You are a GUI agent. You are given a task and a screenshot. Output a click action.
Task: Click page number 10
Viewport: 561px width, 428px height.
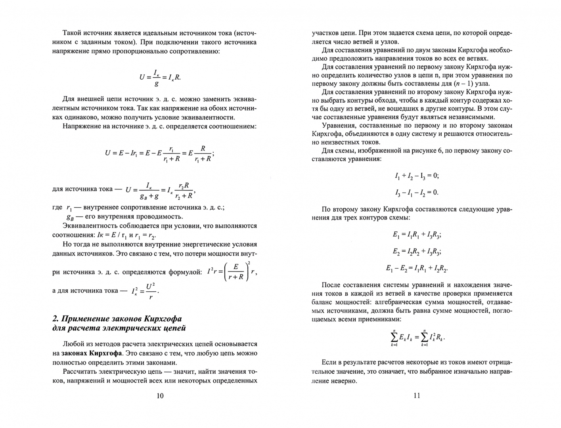[160, 396]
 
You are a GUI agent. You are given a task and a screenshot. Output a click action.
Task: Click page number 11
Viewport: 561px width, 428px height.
[417, 395]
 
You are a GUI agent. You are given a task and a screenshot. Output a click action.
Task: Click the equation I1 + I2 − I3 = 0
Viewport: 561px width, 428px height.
[417, 176]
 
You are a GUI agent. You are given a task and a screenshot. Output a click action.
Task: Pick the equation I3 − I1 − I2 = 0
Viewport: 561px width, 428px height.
[417, 193]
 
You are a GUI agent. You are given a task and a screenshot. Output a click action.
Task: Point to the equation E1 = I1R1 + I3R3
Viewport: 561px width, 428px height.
[417, 235]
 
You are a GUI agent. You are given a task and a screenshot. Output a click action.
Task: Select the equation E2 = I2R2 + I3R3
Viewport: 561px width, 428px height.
[417, 251]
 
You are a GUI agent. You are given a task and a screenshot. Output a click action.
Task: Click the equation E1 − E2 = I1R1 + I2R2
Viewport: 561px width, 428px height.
[417, 268]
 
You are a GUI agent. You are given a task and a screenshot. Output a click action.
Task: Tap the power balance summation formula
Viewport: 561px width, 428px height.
[417, 338]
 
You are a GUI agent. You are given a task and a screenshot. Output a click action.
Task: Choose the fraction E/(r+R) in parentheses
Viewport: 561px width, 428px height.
[236, 272]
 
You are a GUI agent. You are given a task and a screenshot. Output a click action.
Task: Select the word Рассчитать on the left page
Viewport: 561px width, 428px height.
[79, 372]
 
